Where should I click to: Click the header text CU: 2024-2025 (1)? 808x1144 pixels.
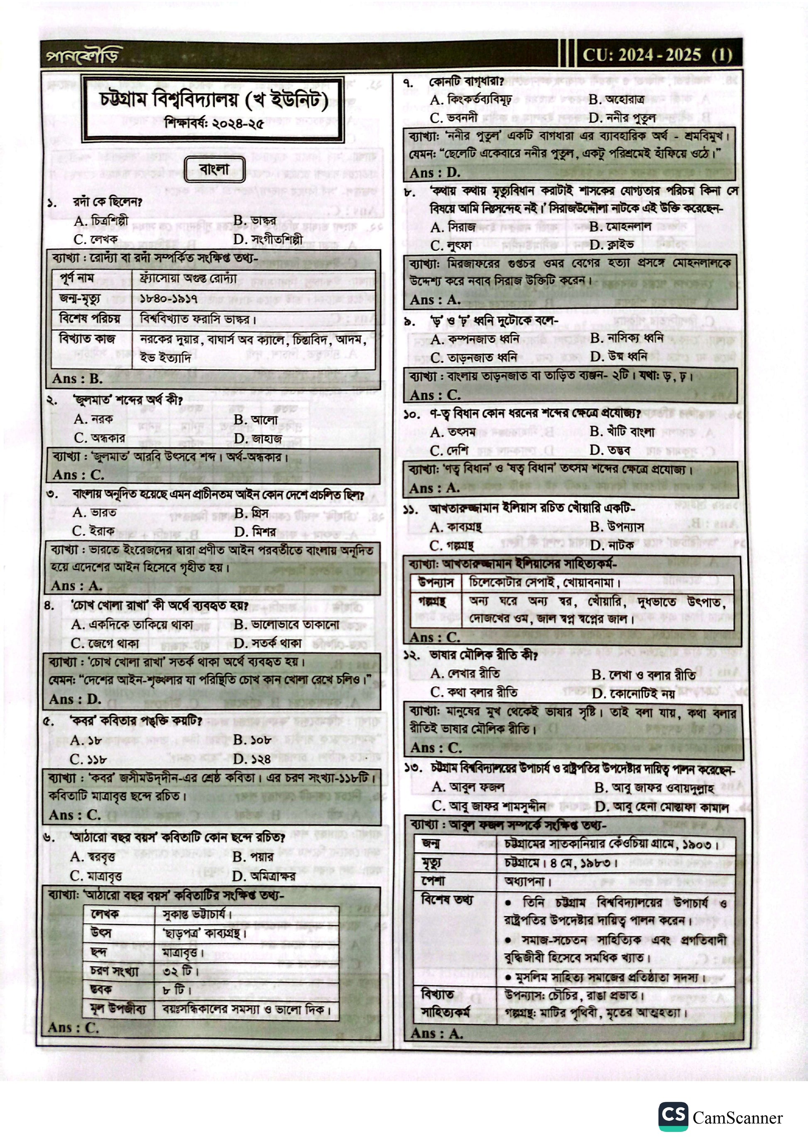(657, 55)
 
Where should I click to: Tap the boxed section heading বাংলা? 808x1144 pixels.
(215, 170)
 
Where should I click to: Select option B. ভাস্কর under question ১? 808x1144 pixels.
(255, 220)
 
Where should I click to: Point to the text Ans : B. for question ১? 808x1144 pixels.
(77, 379)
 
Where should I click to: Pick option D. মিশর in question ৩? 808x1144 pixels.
(255, 532)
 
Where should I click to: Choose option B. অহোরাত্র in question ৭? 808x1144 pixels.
(616, 99)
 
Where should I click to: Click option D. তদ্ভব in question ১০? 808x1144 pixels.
(610, 450)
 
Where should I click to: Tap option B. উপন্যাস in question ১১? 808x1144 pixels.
(617, 526)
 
